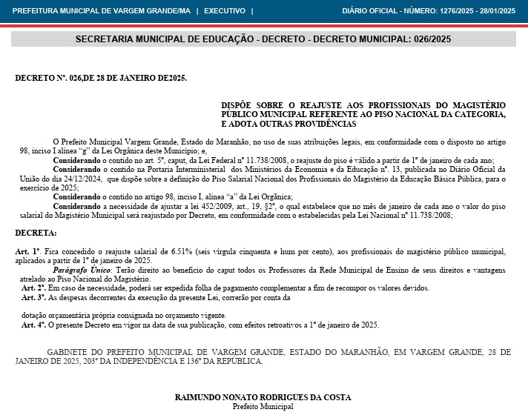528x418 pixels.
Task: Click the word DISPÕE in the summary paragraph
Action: [x=238, y=106]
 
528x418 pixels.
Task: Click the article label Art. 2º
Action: [x=33, y=288]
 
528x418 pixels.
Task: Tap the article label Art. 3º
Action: [x=33, y=297]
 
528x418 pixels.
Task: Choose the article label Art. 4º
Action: [x=33, y=325]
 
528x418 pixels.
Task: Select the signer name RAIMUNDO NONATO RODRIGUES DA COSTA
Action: [x=263, y=397]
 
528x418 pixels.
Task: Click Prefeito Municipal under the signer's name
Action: [x=263, y=406]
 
